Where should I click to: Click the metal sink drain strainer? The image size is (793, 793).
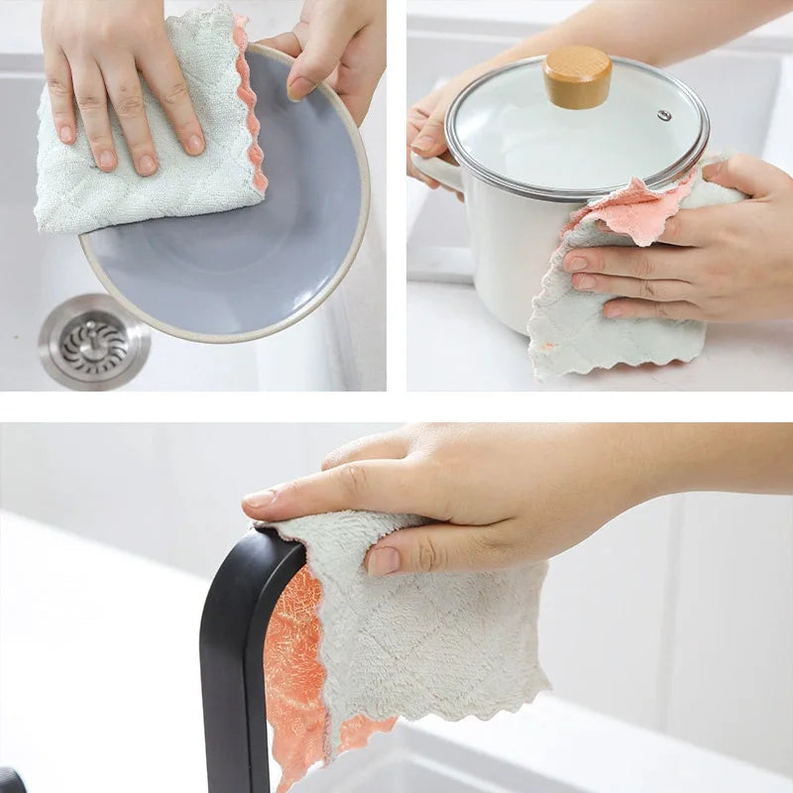94,342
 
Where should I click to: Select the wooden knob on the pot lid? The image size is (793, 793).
577,76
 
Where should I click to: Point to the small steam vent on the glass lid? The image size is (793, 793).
664,115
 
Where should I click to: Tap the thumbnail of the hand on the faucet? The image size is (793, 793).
384,561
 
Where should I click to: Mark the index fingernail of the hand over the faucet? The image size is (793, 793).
260,499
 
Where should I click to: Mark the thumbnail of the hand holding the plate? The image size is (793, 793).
300,87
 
